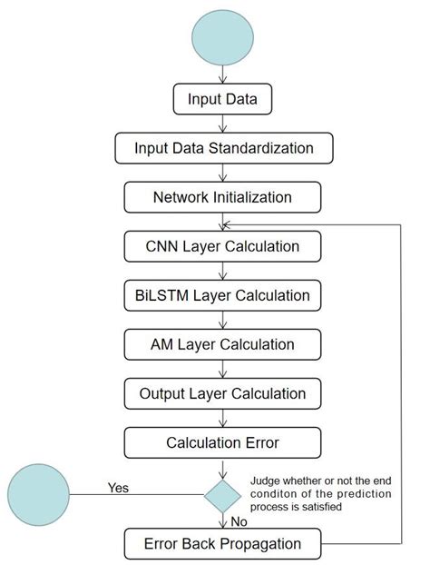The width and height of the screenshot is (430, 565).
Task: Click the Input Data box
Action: pyautogui.click(x=222, y=98)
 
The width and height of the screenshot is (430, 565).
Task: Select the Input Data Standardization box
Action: pyautogui.click(x=223, y=147)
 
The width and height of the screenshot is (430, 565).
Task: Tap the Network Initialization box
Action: pyautogui.click(x=222, y=196)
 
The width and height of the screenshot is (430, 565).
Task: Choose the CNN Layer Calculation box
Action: pyautogui.click(x=222, y=245)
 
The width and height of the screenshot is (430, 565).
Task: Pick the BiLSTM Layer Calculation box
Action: pyautogui.click(x=222, y=295)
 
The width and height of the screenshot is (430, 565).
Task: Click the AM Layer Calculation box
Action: pyautogui.click(x=222, y=344)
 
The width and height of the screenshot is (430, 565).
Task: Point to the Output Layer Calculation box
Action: pyautogui.click(x=222, y=393)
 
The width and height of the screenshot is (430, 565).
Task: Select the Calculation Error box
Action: pyautogui.click(x=222, y=442)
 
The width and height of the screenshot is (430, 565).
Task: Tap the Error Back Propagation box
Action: pyautogui.click(x=222, y=544)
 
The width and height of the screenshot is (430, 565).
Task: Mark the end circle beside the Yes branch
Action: pyautogui.click(x=37, y=495)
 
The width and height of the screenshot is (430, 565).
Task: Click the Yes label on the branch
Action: pyautogui.click(x=119, y=487)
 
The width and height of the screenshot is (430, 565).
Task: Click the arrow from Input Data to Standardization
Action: pyautogui.click(x=222, y=123)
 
